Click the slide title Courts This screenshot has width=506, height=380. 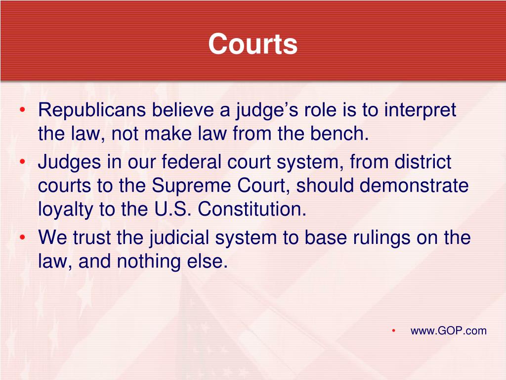point(253,44)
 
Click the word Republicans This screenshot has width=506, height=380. point(92,109)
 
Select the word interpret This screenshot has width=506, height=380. point(420,110)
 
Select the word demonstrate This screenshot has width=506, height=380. point(414,185)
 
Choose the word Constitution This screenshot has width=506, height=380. point(252,209)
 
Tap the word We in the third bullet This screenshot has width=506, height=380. point(52,237)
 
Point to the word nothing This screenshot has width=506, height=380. point(149,262)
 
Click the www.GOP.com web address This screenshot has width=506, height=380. point(449,331)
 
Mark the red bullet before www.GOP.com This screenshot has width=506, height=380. point(393,331)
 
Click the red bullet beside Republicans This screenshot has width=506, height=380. point(22,110)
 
